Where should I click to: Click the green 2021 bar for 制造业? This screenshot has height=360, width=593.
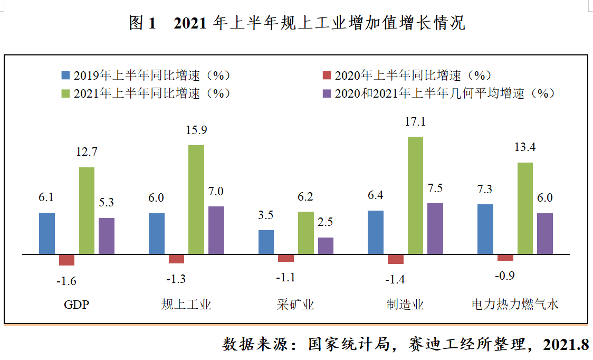pos(415,195)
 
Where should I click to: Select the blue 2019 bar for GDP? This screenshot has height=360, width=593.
pos(47,233)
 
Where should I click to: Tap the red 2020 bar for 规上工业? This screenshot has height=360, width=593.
pos(176,259)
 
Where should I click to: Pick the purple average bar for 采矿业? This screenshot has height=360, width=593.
pos(326,245)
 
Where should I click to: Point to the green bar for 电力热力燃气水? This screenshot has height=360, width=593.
pos(525,208)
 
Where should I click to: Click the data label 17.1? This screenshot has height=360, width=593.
pos(415,121)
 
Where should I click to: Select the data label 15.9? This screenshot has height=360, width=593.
pos(196,129)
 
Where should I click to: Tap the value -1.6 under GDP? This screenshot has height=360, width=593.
pos(66,281)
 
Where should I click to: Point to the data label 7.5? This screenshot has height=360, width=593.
pos(435,188)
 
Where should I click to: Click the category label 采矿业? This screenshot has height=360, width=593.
pos(295,305)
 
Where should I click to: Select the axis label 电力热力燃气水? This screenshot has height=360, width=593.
pos(515,305)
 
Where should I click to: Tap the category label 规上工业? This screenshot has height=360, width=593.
pos(186,305)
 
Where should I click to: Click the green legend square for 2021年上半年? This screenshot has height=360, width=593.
pos(66,93)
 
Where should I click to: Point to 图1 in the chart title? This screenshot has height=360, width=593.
pos(143,23)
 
